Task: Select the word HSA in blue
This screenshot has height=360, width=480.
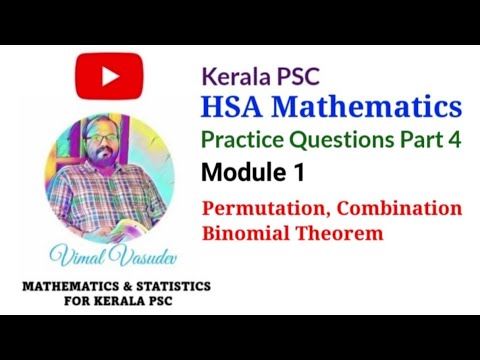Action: [x=235, y=107]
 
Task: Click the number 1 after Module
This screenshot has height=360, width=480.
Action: [x=299, y=173]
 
